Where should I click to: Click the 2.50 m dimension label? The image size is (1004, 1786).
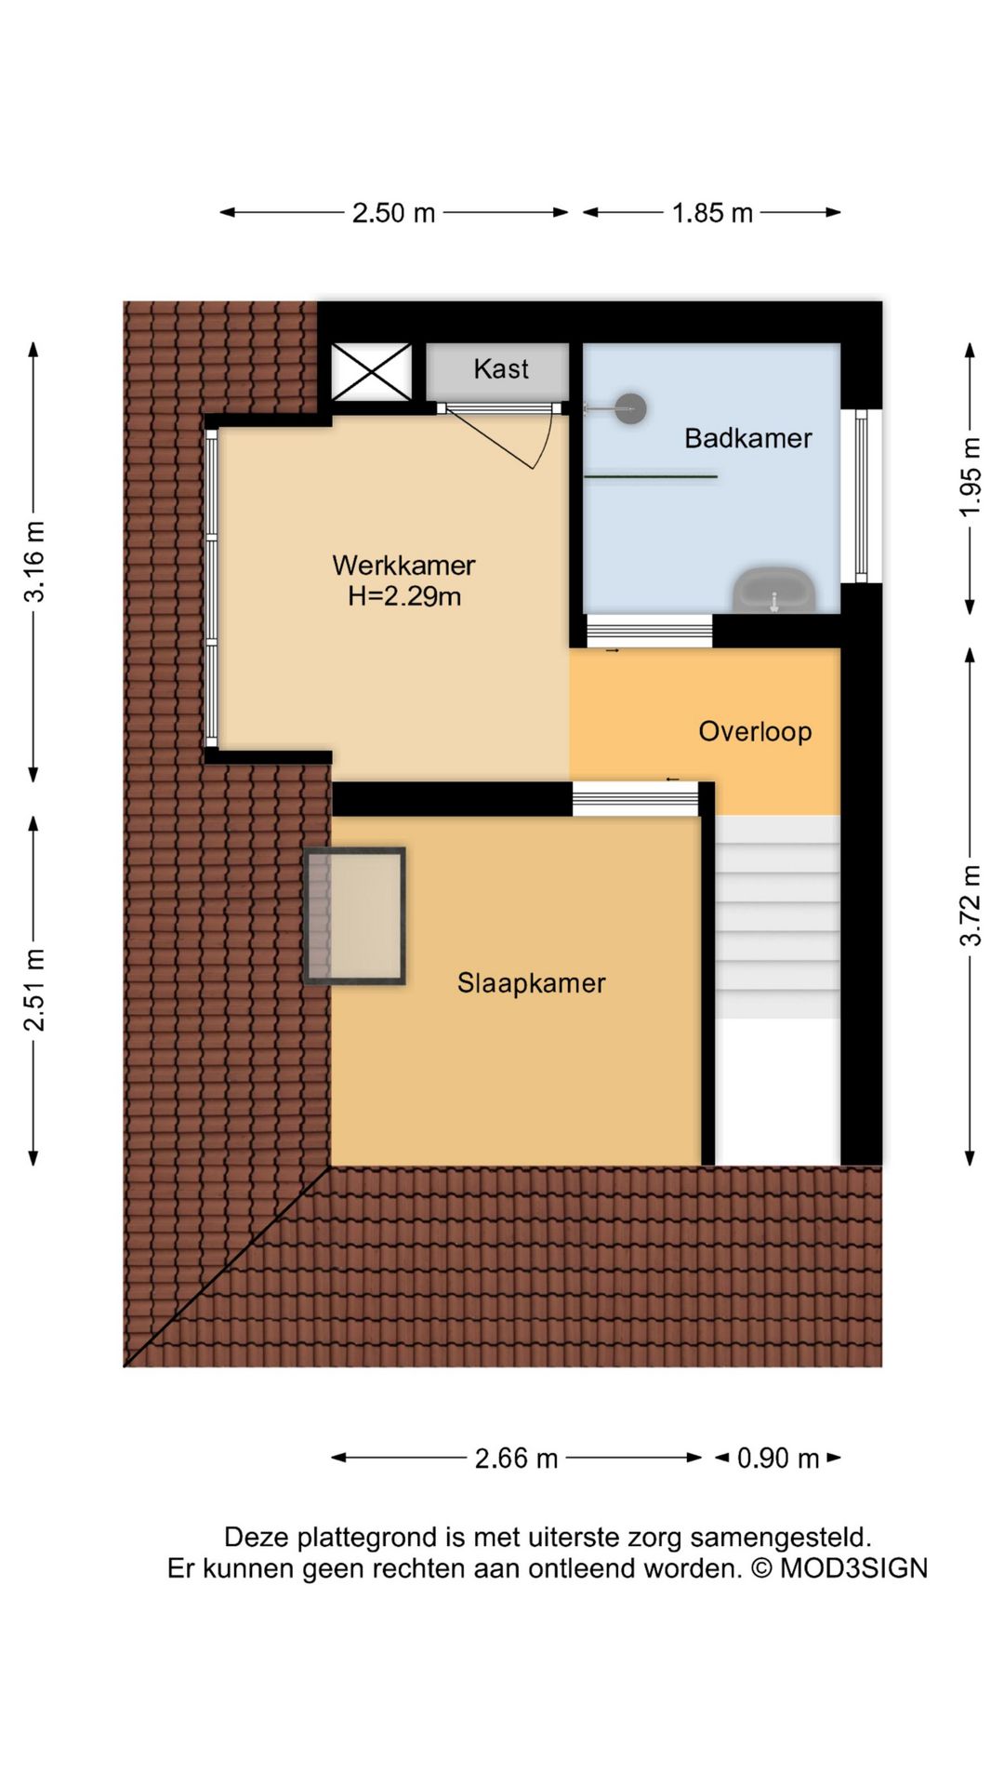click(393, 213)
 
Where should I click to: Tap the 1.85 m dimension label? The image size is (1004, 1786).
click(712, 213)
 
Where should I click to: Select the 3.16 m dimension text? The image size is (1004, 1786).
click(34, 562)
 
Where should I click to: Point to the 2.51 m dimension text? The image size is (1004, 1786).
click(34, 990)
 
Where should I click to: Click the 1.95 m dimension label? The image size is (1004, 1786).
click(971, 477)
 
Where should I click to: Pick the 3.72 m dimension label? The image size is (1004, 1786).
click(971, 905)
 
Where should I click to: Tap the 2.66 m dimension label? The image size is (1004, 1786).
click(516, 1458)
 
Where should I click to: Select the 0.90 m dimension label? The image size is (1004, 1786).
click(777, 1458)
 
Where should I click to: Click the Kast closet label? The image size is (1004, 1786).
click(500, 369)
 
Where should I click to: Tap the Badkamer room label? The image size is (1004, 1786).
click(747, 438)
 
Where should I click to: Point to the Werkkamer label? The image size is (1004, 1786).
click(403, 565)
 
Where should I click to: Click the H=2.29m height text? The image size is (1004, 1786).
click(403, 596)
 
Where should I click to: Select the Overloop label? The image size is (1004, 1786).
click(755, 731)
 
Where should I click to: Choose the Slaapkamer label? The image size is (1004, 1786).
click(531, 983)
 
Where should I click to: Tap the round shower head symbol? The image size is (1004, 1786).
click(631, 407)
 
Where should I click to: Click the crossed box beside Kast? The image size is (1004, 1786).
click(372, 371)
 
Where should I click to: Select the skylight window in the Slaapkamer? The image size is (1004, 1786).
click(355, 915)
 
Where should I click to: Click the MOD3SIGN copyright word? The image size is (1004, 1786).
click(852, 1568)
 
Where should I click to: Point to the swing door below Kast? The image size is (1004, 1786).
click(507, 437)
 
